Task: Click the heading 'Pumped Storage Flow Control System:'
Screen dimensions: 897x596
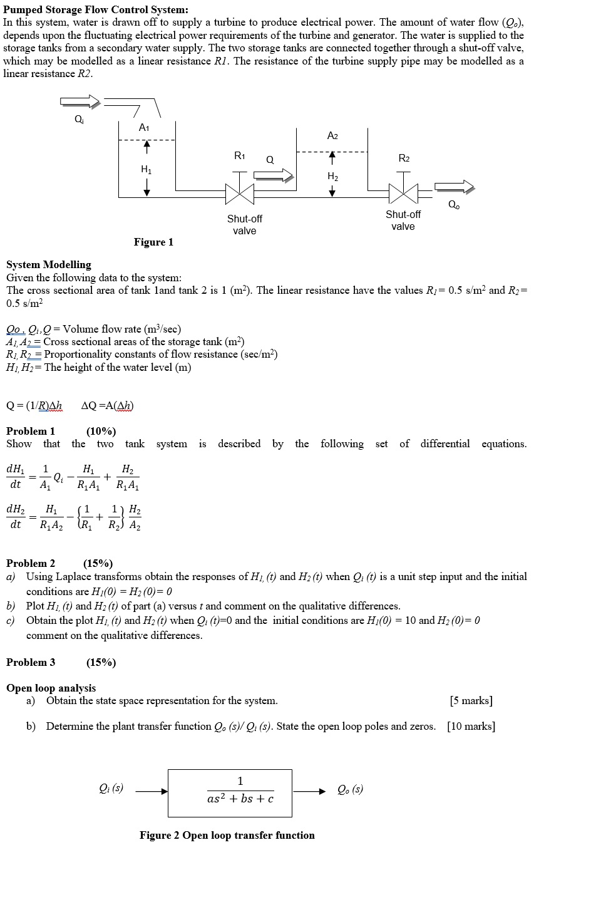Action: coord(95,9)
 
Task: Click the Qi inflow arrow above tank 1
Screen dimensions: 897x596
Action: coord(80,102)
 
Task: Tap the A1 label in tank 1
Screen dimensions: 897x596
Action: coord(144,128)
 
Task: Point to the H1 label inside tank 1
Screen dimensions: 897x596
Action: coord(146,169)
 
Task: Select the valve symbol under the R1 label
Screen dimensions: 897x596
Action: coord(240,194)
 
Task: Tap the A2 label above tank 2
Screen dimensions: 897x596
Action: coord(332,136)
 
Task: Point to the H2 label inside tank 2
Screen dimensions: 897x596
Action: coord(332,177)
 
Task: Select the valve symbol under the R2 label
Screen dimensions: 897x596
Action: coord(403,194)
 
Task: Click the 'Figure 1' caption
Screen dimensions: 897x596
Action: coord(153,242)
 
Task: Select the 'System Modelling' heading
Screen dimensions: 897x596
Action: coord(49,264)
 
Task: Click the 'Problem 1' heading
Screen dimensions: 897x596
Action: coord(31,431)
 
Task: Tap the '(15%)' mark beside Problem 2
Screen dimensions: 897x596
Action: coord(98,563)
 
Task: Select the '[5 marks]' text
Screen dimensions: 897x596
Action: coord(471,700)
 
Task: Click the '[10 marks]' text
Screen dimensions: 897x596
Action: coord(471,726)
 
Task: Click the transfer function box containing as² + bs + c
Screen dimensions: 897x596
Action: coord(230,792)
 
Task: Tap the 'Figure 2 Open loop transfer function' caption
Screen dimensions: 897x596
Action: coord(227,835)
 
